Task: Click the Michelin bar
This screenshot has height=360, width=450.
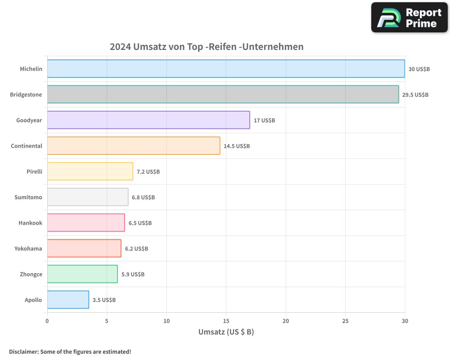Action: click(226, 69)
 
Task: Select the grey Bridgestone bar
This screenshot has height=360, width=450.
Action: click(223, 94)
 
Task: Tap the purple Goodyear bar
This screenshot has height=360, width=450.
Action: click(148, 120)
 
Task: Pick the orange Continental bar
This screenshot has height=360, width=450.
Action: click(134, 146)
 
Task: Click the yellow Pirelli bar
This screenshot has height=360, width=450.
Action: click(90, 171)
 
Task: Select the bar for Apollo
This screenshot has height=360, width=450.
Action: click(68, 300)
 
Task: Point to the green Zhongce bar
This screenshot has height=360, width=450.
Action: click(82, 274)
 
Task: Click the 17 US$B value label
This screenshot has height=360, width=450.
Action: click(264, 121)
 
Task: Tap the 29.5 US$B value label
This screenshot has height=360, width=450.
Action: click(415, 95)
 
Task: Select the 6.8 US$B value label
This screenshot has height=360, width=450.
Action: click(143, 198)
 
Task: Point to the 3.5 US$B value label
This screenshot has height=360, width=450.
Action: click(104, 300)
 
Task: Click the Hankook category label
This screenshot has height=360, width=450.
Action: click(30, 223)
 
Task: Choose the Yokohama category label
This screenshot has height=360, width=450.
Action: click(28, 249)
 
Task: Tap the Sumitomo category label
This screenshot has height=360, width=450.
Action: click(28, 198)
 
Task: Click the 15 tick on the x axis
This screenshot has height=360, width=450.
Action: click(226, 321)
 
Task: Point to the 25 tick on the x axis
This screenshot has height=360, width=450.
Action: click(345, 321)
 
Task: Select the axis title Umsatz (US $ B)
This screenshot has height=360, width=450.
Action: click(226, 332)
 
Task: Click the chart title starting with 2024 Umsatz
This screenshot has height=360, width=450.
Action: click(207, 47)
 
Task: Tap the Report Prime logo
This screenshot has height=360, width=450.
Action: click(409, 18)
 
